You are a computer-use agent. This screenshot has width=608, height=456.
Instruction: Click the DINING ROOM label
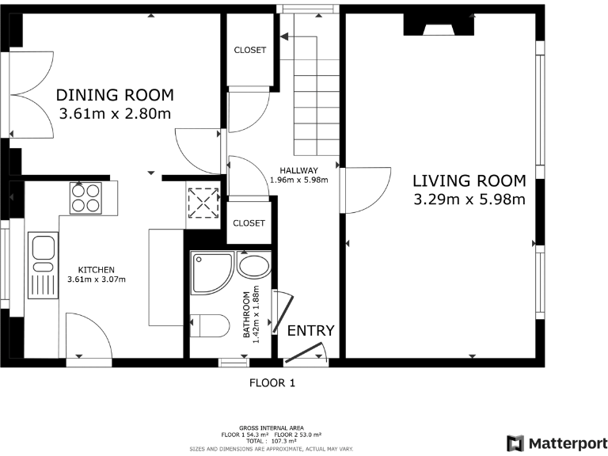tap(115, 95)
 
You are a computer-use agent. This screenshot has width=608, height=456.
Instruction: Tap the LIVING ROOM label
tap(469, 180)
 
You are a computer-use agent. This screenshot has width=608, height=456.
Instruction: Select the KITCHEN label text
tap(96, 270)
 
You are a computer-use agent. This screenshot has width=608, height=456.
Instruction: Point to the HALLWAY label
tap(299, 171)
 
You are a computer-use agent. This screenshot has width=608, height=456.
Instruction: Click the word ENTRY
tap(310, 331)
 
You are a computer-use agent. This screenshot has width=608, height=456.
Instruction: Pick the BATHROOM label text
tap(247, 314)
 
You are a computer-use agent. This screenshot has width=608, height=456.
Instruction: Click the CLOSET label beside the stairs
tap(250, 50)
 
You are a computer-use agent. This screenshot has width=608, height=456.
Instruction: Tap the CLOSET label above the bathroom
tap(249, 223)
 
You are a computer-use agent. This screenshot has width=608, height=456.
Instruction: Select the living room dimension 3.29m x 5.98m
tap(469, 199)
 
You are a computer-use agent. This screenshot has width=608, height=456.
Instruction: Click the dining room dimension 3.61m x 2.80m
tap(115, 114)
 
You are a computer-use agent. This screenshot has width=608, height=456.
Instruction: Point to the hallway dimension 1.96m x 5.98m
tap(299, 180)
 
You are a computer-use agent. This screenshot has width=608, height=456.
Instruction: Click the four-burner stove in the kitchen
tap(85, 198)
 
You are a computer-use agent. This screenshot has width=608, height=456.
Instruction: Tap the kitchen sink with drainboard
tap(43, 266)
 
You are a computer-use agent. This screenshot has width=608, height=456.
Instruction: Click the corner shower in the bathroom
tap(211, 273)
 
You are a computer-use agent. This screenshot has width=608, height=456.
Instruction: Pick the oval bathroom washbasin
tap(254, 266)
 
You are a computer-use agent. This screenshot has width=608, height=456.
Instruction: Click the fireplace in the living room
tap(439, 25)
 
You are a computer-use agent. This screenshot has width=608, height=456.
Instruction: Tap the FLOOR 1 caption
tap(272, 383)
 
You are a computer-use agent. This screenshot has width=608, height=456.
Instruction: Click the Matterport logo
tap(557, 443)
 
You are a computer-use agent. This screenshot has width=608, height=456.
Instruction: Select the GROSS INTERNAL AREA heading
tap(272, 428)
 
